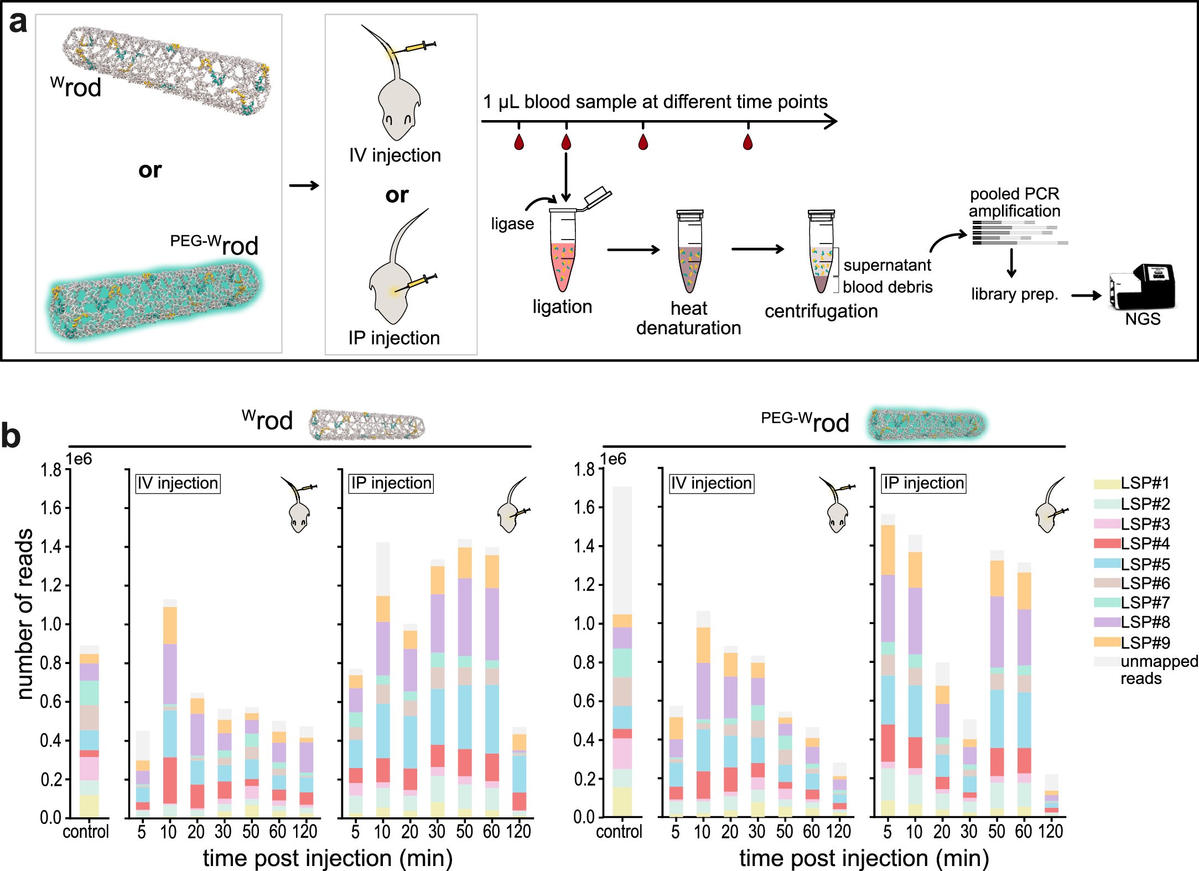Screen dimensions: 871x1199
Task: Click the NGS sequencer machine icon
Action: tap(1141, 287)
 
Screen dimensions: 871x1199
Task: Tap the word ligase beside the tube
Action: tap(512, 224)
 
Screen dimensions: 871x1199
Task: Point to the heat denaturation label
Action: tap(688, 318)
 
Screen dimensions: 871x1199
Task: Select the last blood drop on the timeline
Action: tap(748, 142)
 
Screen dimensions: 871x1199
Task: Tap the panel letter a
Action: tap(18, 22)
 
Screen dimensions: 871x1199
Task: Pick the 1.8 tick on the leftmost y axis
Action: tap(50, 470)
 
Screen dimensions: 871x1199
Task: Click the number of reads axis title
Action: tap(24, 614)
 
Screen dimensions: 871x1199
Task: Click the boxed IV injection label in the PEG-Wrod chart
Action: tap(711, 483)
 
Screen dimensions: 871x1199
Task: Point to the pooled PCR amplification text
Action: tap(1014, 202)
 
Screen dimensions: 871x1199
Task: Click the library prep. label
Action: tap(1014, 294)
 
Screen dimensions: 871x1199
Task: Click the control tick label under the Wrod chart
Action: tap(86, 831)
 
